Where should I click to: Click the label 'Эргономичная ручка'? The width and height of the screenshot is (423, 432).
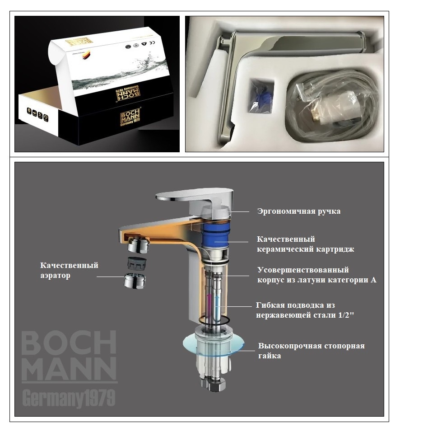(298, 211)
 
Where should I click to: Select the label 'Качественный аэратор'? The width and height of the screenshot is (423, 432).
(69, 270)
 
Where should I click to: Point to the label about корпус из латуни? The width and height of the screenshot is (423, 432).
(316, 275)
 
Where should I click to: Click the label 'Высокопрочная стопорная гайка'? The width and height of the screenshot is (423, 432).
(311, 351)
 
